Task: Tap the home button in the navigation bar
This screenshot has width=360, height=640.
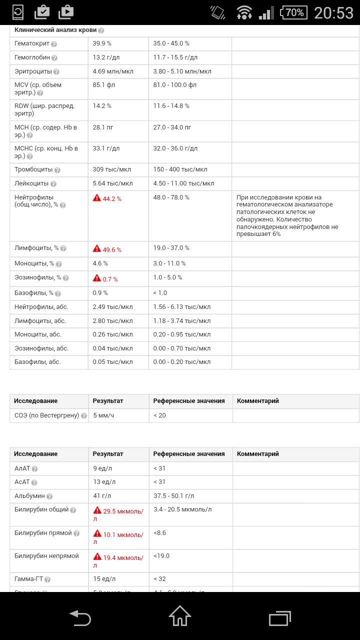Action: coord(180,616)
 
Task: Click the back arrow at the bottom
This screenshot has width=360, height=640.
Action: coord(80,618)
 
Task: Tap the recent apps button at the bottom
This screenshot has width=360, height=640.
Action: coord(280,618)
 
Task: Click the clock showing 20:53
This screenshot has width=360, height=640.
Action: coord(333,12)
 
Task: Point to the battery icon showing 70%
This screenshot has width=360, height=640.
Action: coord(294,12)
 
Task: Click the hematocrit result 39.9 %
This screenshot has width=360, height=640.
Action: coord(102,43)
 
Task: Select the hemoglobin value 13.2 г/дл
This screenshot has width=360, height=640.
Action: coord(106,57)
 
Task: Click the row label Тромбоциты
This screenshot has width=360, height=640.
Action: coord(33,169)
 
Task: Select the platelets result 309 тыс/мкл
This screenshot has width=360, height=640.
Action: coord(112,169)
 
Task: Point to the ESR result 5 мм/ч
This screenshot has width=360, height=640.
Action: coord(103,415)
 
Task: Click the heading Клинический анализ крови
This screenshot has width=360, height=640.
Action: coord(55,30)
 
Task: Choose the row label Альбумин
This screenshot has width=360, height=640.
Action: coord(29,496)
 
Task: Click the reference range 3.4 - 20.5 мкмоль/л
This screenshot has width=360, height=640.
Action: coord(182,509)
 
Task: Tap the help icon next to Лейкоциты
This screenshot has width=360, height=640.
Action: coord(53,184)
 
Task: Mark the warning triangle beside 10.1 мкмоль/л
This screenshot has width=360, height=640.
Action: coord(97,533)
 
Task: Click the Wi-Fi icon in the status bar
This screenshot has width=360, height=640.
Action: coord(244,12)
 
